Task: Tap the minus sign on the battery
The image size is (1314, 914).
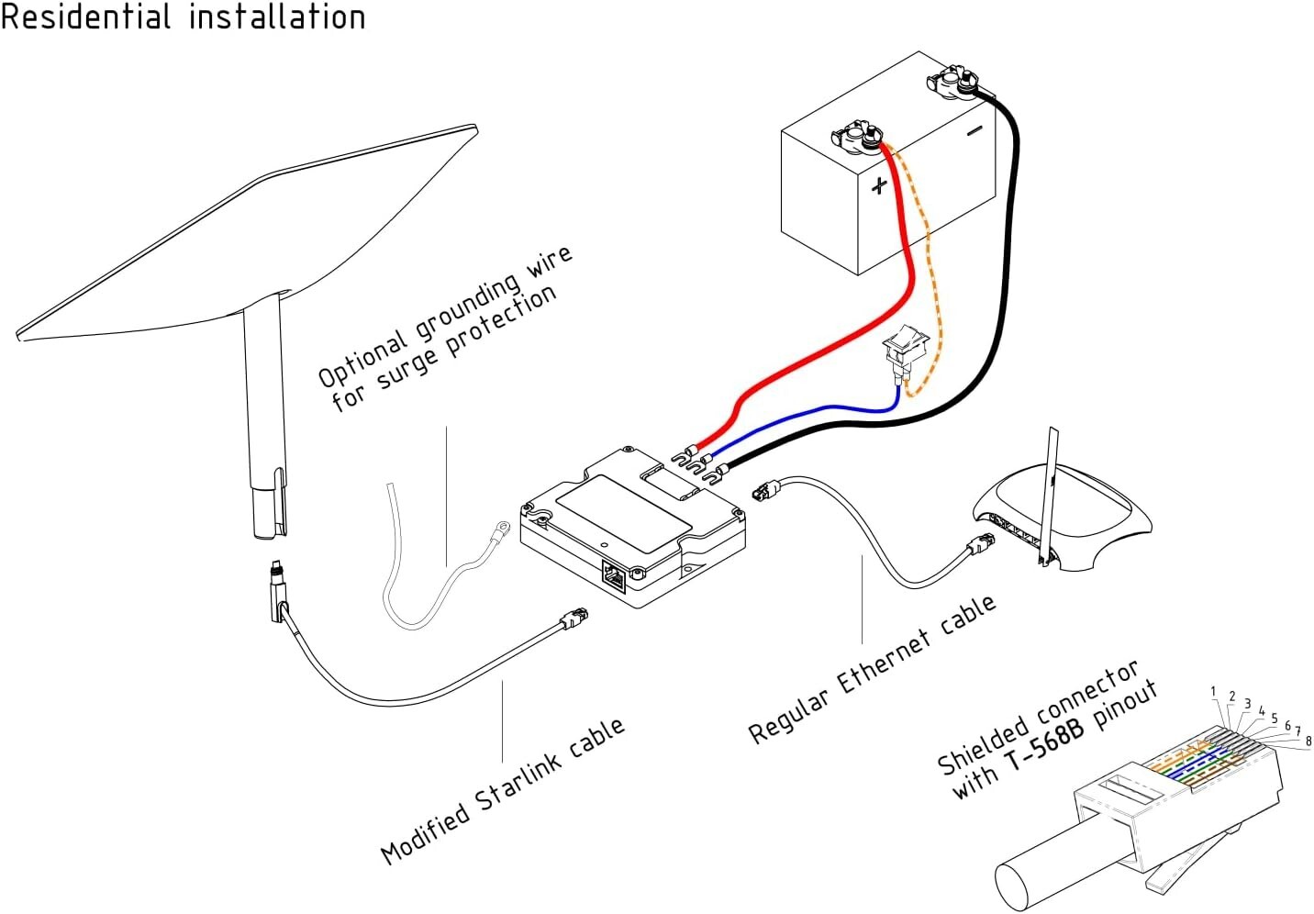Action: [974, 131]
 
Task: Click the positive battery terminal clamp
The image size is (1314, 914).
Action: [857, 138]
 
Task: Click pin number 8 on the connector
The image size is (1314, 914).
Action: [1308, 741]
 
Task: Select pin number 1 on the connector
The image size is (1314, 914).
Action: [1213, 692]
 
